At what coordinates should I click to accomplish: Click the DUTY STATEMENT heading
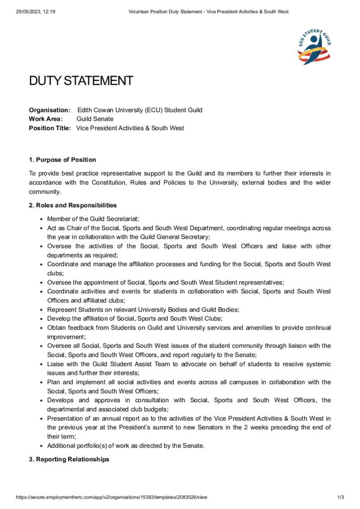[x=81, y=81]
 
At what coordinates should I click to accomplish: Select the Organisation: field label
[x=50, y=110]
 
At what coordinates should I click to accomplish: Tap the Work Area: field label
[x=46, y=119]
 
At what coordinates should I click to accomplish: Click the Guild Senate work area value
[x=95, y=119]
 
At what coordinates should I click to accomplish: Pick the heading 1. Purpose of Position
[x=62, y=160]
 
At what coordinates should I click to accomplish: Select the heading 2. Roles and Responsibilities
[x=73, y=205]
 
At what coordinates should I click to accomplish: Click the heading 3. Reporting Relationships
[x=69, y=459]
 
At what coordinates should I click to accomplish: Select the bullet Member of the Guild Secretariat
[x=93, y=219]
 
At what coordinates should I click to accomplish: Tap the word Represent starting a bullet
[x=61, y=309]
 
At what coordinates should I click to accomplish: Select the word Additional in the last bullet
[x=62, y=445]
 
